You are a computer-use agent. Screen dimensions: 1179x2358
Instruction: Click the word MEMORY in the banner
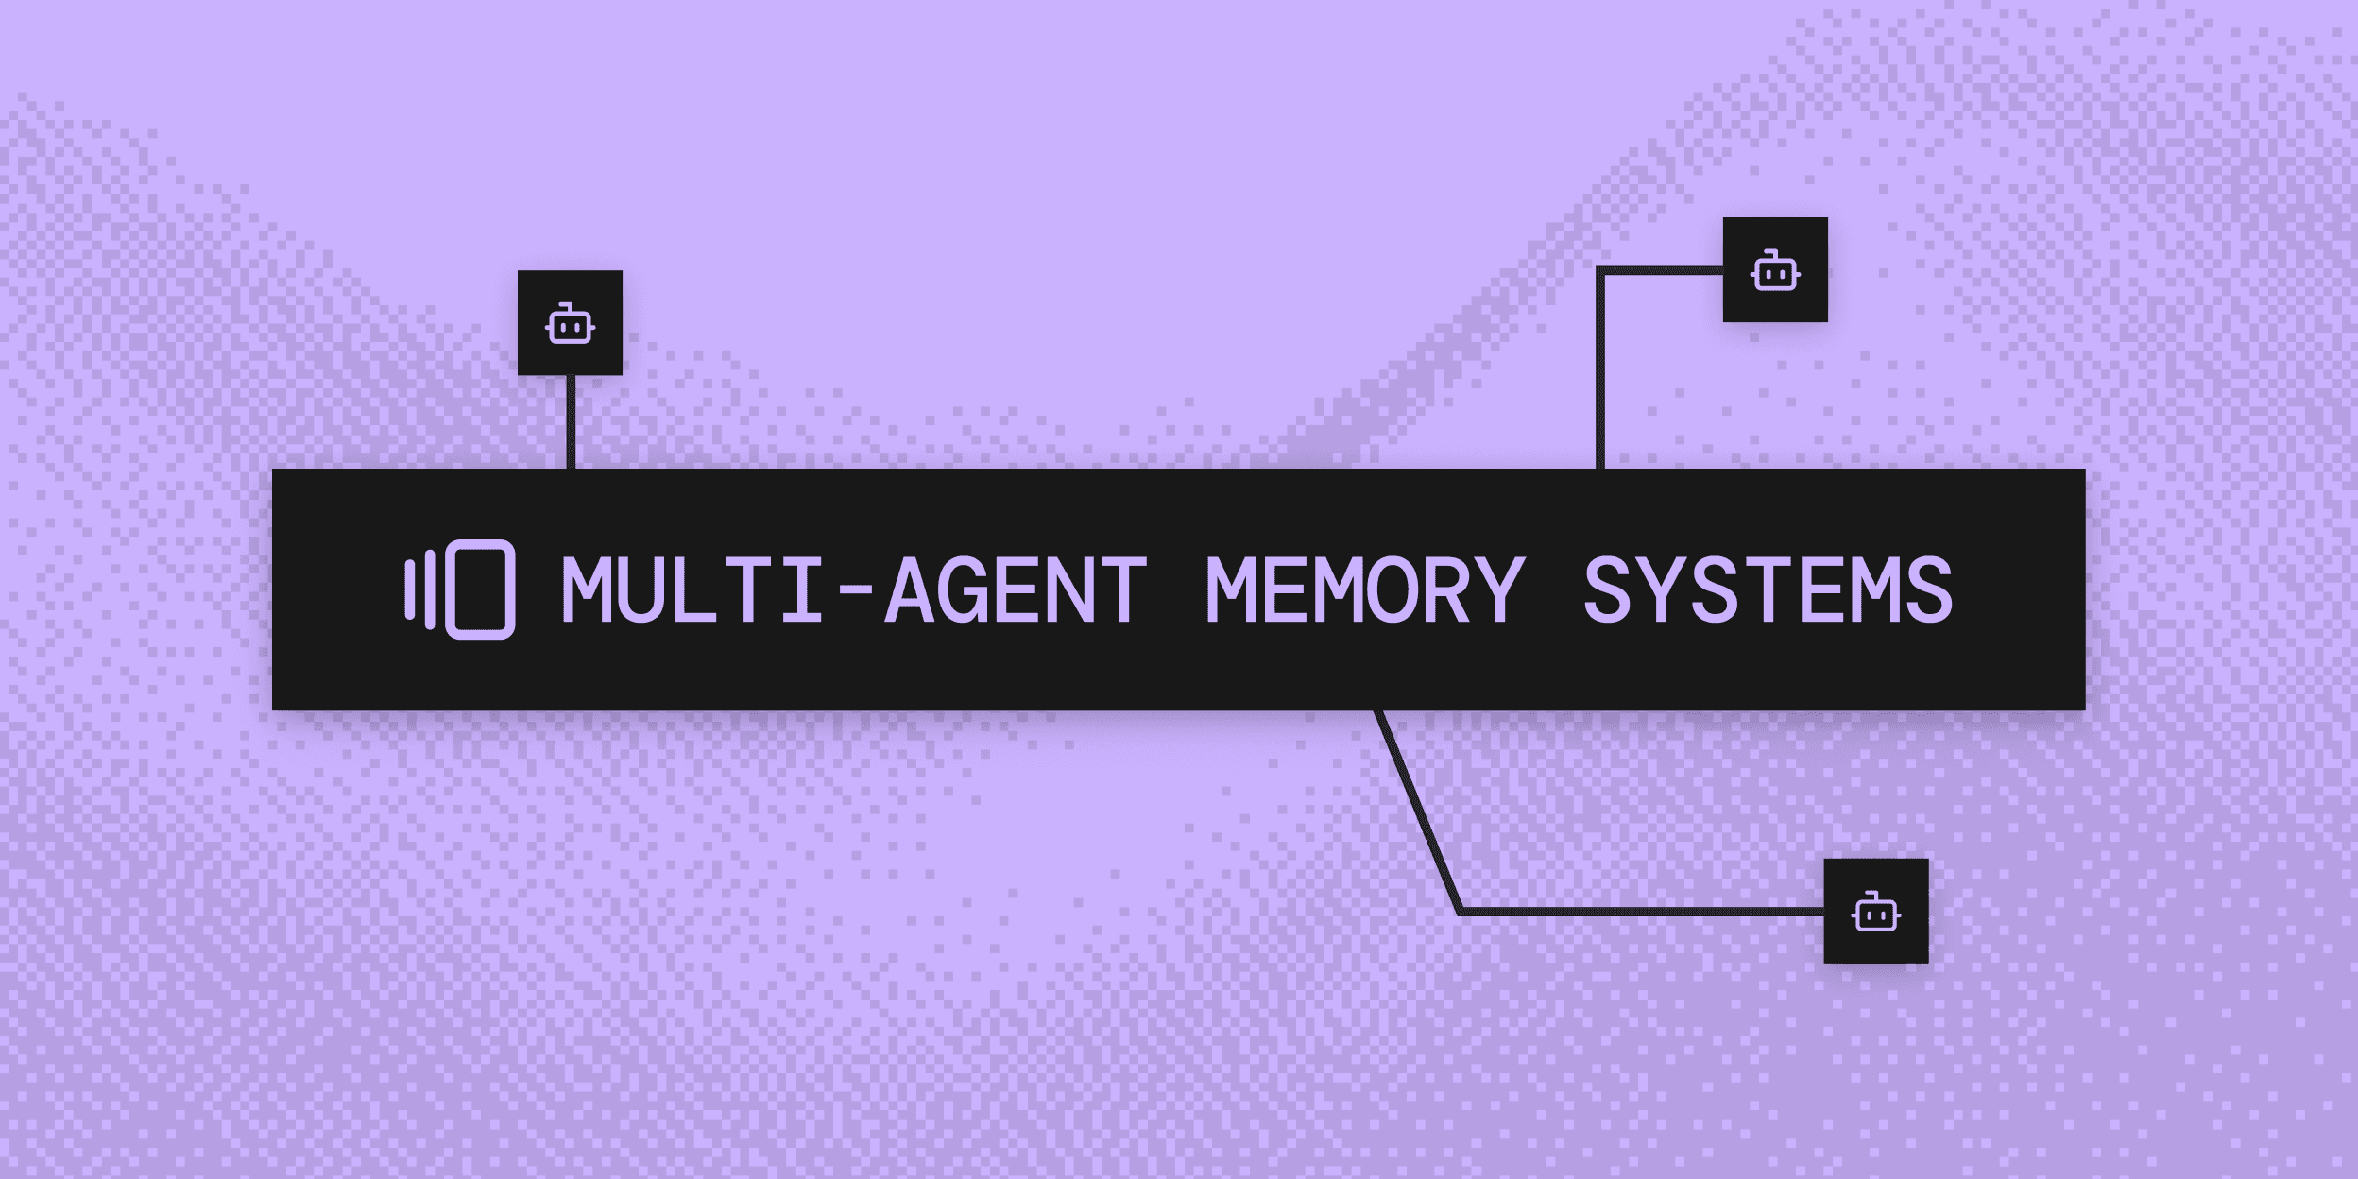pyautogui.click(x=1365, y=590)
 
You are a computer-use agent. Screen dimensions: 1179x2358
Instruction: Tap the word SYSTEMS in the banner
pyautogui.click(x=1768, y=590)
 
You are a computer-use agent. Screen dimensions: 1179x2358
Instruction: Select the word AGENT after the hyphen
pyautogui.click(x=1017, y=590)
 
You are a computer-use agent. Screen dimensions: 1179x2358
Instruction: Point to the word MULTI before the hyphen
pyautogui.click(x=692, y=590)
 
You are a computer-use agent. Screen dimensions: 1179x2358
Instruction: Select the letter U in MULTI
pyautogui.click(x=641, y=590)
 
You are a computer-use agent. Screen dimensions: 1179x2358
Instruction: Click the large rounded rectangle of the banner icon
pyautogui.click(x=480, y=589)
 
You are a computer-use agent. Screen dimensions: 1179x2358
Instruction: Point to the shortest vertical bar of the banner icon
pyautogui.click(x=410, y=589)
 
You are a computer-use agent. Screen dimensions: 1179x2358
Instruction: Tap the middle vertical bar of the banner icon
pyautogui.click(x=430, y=589)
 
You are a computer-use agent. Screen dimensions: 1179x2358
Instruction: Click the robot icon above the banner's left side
pyautogui.click(x=570, y=324)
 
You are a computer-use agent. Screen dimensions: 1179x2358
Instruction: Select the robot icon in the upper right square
pyautogui.click(x=1775, y=271)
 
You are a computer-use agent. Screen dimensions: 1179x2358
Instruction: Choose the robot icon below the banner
pyautogui.click(x=1875, y=913)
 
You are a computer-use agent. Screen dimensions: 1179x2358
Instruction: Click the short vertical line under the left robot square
pyautogui.click(x=571, y=421)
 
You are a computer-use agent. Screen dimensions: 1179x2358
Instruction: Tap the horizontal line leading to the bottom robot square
pyautogui.click(x=1644, y=912)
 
